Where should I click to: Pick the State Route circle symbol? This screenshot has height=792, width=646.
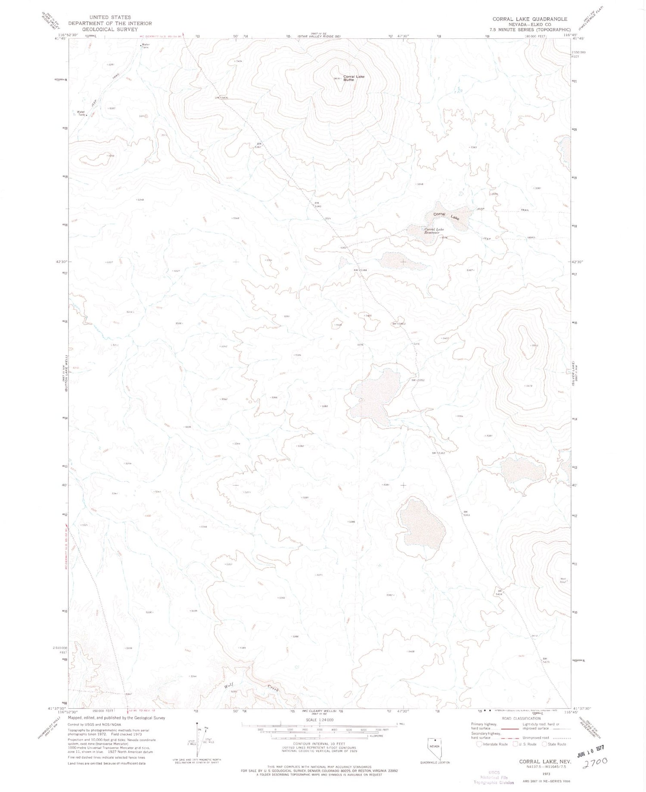pyautogui.click(x=545, y=744)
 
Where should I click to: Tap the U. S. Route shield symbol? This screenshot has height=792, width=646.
pyautogui.click(x=516, y=744)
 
